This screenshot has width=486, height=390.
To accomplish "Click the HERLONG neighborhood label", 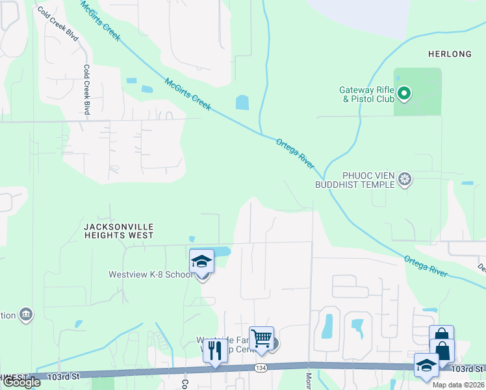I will [450, 54].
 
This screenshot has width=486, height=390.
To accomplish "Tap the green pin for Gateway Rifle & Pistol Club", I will [404, 95].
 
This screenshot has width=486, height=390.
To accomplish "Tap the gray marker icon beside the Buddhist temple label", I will [405, 179].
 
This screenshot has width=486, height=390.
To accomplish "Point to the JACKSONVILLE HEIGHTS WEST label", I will [118, 231].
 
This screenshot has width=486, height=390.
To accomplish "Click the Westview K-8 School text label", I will [151, 274].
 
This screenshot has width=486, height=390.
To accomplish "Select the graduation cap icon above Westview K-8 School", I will [201, 262].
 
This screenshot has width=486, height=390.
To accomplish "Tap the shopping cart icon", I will [261, 338].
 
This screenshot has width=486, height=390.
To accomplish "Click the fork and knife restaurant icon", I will [215, 351].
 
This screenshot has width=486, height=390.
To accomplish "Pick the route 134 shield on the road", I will [259, 369].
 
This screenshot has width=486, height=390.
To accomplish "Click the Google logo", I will [21, 382].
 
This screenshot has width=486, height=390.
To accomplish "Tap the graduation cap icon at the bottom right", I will [426, 365].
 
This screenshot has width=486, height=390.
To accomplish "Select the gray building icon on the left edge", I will [27, 315].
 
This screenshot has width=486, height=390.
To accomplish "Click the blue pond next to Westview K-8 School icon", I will [222, 252].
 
